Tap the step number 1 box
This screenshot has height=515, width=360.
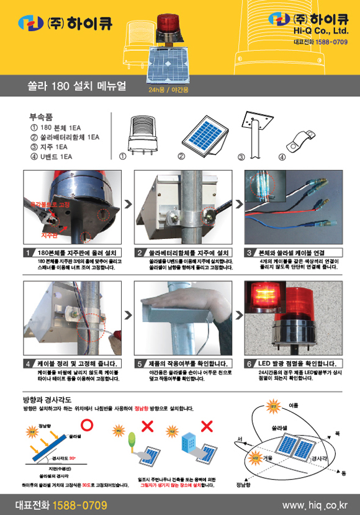tap(29, 253)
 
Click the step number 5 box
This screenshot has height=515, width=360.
tap(140, 364)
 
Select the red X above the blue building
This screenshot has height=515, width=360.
tap(207, 426)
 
